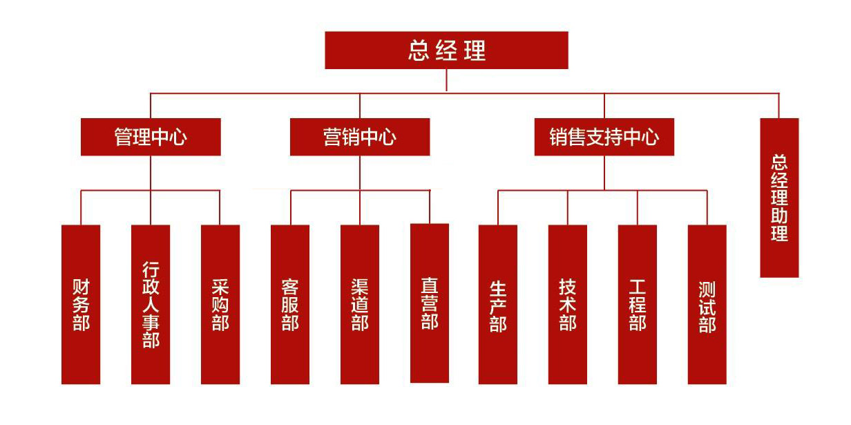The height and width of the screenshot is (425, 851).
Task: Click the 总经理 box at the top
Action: (446, 50)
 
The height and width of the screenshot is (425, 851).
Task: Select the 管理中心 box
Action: (151, 137)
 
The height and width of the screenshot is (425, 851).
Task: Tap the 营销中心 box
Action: (359, 137)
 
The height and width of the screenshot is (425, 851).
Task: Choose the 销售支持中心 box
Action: (604, 137)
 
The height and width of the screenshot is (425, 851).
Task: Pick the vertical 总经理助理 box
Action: (779, 198)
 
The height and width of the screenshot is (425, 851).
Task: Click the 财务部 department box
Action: (81, 304)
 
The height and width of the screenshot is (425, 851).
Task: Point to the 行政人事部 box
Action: (151, 304)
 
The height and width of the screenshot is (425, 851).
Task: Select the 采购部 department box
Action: (220, 304)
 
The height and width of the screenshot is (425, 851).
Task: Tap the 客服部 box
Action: (290, 304)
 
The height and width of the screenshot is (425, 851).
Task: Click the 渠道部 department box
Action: (360, 304)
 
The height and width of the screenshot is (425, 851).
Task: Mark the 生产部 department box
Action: (498, 304)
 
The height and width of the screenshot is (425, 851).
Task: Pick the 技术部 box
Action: (568, 304)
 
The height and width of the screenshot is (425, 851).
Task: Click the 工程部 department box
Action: (638, 304)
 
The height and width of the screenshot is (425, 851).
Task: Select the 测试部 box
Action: (707, 304)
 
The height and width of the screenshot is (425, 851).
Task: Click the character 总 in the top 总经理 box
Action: (419, 51)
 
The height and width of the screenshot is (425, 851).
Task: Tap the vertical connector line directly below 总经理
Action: (446, 80)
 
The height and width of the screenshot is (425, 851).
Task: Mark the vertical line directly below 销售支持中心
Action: (604, 173)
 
